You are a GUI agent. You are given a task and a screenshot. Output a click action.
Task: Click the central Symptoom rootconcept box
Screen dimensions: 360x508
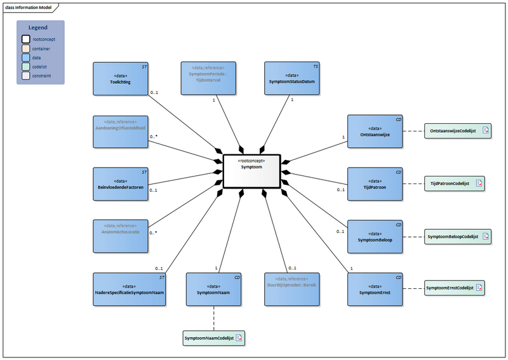(x=252, y=171)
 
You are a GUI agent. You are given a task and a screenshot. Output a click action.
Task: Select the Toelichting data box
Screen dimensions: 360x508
(x=120, y=79)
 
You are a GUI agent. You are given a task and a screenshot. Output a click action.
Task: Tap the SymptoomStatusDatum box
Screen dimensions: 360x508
(x=291, y=79)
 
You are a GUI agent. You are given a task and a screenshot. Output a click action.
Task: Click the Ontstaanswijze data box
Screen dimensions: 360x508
(x=375, y=131)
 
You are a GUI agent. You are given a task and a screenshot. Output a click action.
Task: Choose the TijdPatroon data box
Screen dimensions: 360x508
(x=375, y=184)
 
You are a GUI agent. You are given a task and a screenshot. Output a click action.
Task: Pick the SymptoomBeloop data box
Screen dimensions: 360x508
(x=375, y=237)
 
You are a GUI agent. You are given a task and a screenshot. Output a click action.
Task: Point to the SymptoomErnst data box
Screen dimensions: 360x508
(x=375, y=289)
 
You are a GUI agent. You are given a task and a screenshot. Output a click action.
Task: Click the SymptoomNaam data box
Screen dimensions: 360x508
(x=213, y=290)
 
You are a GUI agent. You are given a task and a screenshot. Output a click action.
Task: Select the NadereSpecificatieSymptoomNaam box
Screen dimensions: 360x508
(x=129, y=290)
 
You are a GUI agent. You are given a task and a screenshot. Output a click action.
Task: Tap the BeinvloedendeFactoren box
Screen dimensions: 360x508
(x=120, y=184)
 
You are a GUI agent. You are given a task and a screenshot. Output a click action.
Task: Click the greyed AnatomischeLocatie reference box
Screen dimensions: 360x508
(x=120, y=236)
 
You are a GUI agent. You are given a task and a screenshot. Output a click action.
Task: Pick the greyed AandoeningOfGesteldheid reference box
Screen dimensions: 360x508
(x=120, y=131)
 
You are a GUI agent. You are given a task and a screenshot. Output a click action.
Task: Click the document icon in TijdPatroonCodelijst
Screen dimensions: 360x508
(x=479, y=184)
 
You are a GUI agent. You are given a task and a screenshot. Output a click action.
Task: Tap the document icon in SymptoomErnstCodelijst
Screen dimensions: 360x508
(x=479, y=288)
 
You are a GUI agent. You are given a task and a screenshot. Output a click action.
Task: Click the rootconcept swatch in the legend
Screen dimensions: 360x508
(x=27, y=39)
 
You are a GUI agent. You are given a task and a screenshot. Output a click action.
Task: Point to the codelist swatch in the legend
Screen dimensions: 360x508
(x=27, y=66)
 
